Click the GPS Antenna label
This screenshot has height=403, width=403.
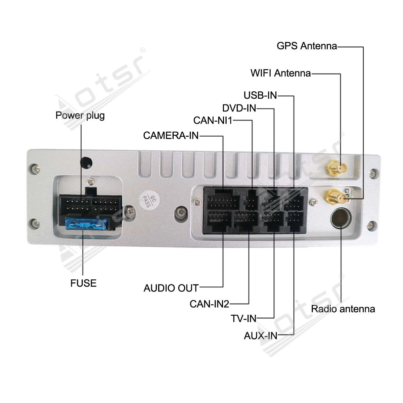pos(307,46)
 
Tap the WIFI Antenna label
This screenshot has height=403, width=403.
pos(280,73)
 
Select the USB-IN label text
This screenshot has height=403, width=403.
pos(260,95)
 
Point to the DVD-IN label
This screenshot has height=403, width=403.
pos(239,108)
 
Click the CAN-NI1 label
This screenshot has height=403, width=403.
pos(213,121)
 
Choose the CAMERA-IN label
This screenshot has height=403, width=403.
pos(171,136)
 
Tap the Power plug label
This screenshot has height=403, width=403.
pos(80,116)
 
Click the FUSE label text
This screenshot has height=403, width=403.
pos(83,283)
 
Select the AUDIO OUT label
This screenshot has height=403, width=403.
pos(171,288)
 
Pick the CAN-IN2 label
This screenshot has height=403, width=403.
pos(209,304)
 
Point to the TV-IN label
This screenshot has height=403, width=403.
pos(243,319)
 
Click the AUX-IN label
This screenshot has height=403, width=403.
pos(260,336)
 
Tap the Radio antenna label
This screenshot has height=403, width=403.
pos(343,309)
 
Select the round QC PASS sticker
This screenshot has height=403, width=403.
pos(149,201)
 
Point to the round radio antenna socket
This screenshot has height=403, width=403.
pos(341,218)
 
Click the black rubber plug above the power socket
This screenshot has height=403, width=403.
pos(86,163)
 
